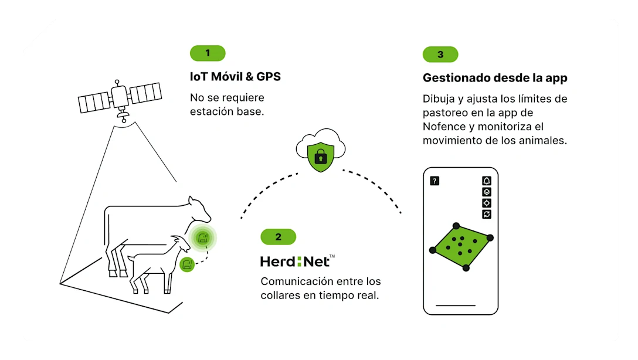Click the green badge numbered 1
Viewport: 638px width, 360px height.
click(208, 53)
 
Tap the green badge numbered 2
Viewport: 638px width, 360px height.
click(278, 237)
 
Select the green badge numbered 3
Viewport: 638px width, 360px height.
click(440, 55)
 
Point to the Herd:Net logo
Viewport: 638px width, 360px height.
click(298, 261)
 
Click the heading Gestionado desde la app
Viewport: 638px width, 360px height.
click(495, 78)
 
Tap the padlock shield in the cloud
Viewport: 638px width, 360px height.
click(320, 157)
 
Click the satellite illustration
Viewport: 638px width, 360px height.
click(120, 99)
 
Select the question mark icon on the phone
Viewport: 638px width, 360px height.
click(435, 181)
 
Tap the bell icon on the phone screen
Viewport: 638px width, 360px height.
click(486, 181)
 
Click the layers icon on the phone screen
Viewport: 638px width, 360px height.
click(486, 192)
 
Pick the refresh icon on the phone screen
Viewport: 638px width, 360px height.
click(486, 214)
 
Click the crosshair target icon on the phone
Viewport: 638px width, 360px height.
click(486, 203)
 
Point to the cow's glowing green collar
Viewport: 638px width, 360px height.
click(203, 237)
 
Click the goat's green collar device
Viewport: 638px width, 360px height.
click(187, 264)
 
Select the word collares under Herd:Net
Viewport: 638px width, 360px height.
click(280, 295)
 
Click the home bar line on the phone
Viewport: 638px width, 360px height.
click(456, 305)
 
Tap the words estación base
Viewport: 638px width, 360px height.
click(226, 110)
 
